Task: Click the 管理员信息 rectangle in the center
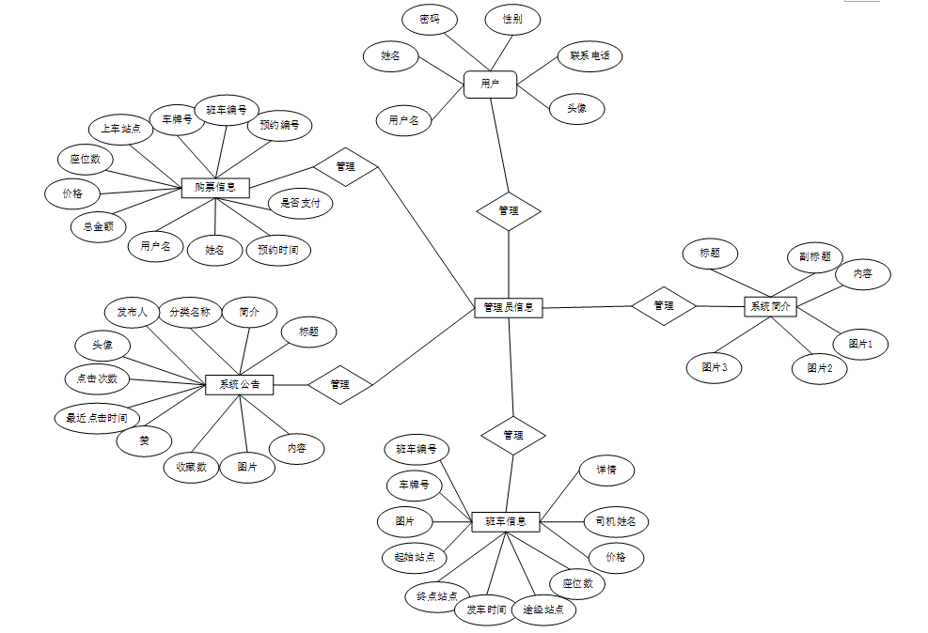508,306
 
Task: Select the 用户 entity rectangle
490,85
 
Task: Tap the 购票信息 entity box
215,188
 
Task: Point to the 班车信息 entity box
506,520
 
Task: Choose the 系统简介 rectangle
770,306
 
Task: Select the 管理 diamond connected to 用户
509,210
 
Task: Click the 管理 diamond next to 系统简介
664,305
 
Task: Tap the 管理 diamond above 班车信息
513,435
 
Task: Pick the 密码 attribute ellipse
430,19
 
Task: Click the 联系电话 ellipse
590,55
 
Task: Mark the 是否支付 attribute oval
300,203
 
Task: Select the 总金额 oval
99,225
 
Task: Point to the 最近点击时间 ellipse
97,418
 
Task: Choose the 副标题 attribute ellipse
814,256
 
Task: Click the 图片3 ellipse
714,367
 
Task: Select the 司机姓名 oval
616,520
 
